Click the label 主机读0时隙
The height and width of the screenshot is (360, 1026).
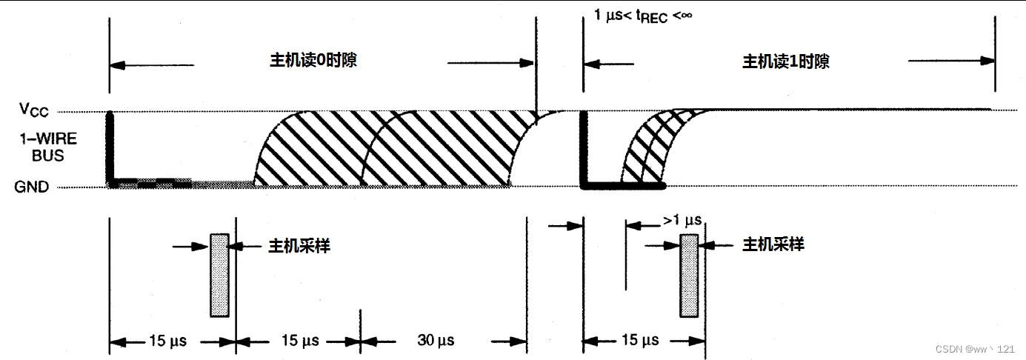(x=312, y=60)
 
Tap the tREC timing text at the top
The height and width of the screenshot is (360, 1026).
(x=642, y=14)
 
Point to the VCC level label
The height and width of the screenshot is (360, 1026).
(x=34, y=110)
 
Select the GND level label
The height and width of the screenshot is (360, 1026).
(x=31, y=187)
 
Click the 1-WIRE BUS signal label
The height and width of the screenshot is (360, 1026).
(x=43, y=147)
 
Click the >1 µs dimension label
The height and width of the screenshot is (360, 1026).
(x=682, y=221)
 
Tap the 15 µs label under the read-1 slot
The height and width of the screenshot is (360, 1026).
(x=639, y=341)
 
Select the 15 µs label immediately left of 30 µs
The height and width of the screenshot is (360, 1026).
(x=300, y=341)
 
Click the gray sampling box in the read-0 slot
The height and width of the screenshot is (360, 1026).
(x=219, y=275)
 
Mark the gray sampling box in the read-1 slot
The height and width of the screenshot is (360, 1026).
(x=689, y=275)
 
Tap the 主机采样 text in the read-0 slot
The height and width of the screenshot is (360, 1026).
(x=299, y=245)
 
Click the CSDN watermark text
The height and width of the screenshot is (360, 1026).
(x=974, y=349)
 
